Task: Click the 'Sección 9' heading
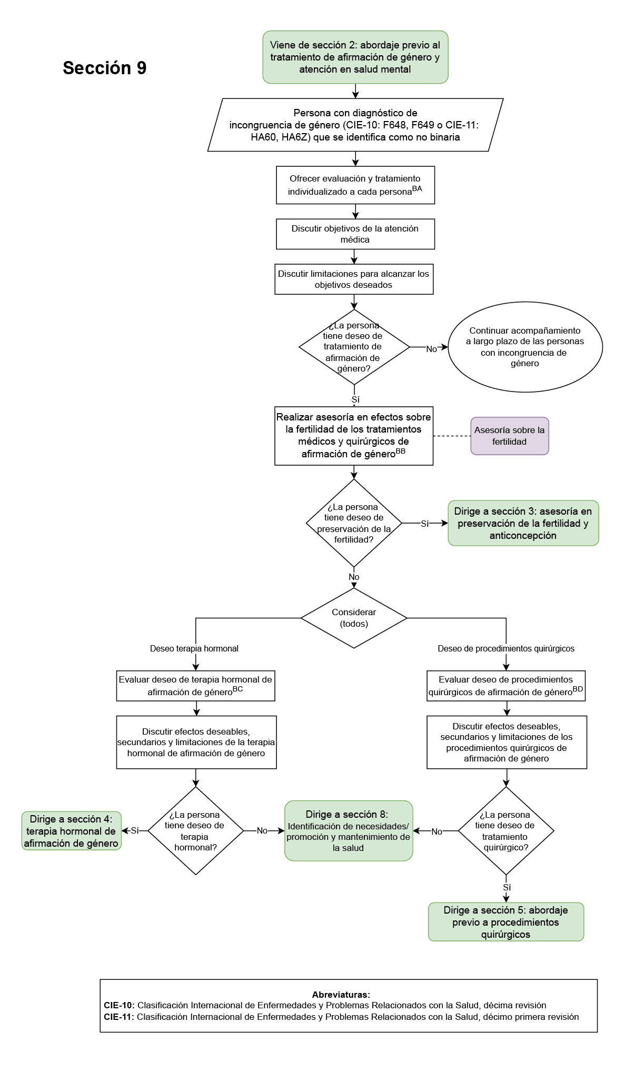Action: click(104, 68)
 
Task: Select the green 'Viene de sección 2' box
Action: click(355, 57)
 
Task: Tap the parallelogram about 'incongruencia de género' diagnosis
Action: click(355, 125)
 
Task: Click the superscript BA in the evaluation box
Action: click(417, 189)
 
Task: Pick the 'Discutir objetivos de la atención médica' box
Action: click(355, 234)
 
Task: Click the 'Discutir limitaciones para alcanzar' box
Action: click(353, 279)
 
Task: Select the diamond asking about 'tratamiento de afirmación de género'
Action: click(354, 347)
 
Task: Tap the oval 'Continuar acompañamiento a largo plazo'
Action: click(524, 347)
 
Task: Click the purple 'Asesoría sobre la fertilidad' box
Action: click(509, 436)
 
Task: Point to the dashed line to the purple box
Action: click(452, 436)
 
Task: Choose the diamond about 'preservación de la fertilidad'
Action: click(354, 523)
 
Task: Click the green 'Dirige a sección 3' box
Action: click(523, 523)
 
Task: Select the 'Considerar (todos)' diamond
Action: click(354, 618)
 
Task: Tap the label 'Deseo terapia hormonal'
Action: click(194, 648)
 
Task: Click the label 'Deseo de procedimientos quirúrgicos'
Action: click(506, 648)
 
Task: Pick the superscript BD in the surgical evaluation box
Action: click(578, 689)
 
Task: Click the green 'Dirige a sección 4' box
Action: click(71, 831)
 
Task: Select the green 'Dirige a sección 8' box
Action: click(348, 831)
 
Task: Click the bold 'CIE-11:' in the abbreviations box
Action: click(119, 1017)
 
